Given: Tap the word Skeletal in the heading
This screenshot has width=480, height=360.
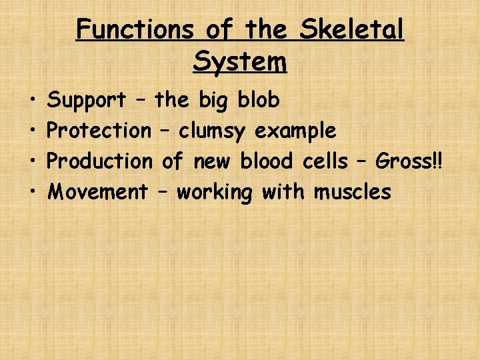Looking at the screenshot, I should [x=352, y=30].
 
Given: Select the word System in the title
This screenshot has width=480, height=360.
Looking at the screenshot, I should [x=240, y=61].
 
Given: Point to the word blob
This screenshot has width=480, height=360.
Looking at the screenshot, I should [x=259, y=100].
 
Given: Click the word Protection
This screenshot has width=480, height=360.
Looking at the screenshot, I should [x=101, y=131].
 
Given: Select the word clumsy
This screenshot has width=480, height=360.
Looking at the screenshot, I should [x=213, y=131].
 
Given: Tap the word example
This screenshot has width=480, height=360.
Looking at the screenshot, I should [x=295, y=131].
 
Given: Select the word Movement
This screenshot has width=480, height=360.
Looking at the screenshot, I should [x=99, y=192].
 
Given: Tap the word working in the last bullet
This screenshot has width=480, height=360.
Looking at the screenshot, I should [x=215, y=193].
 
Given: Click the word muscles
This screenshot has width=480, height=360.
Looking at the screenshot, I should [x=353, y=192].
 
